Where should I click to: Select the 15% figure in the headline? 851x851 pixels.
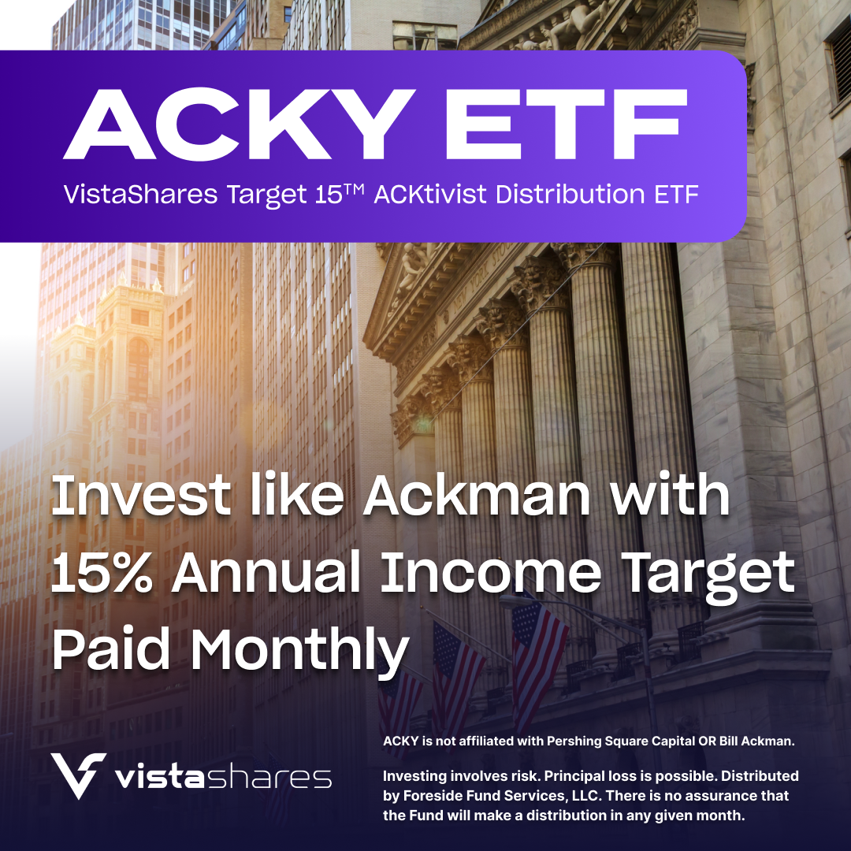tap(102, 573)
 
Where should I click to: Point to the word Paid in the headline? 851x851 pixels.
tap(113, 648)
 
